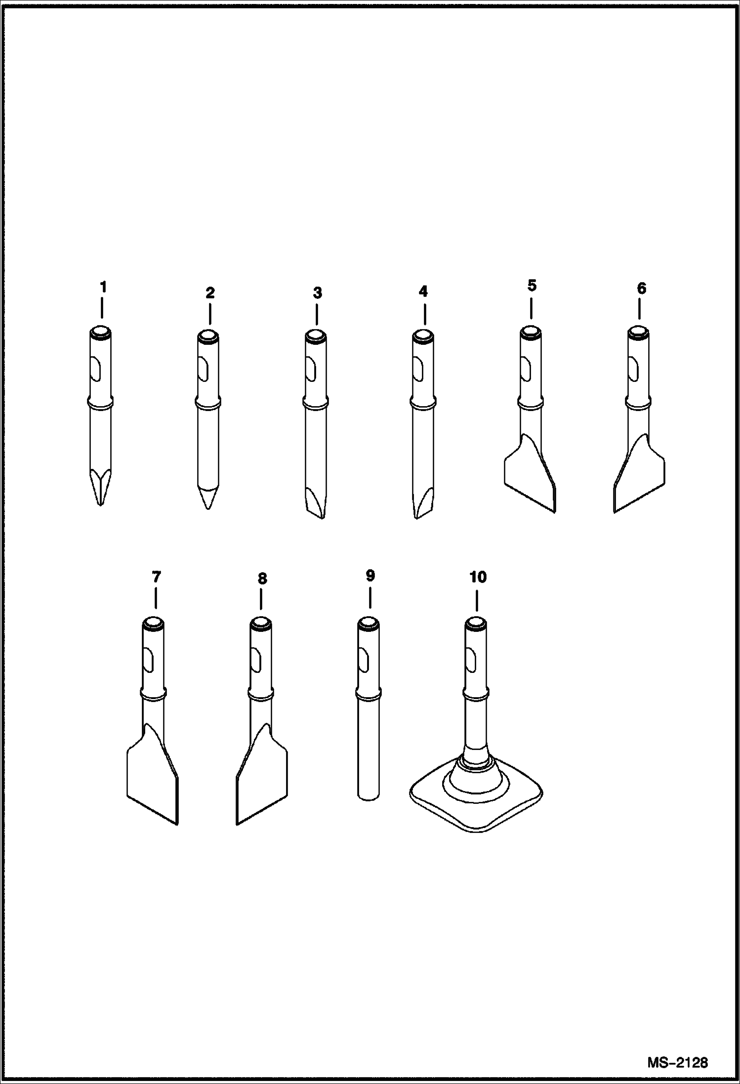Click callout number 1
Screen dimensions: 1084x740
[x=103, y=287]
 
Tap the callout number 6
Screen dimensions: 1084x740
[x=641, y=289]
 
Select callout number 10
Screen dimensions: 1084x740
[x=478, y=577]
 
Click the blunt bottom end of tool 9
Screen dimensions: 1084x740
[x=369, y=795]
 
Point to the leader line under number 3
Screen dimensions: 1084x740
[x=317, y=314]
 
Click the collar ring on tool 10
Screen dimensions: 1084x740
[x=476, y=695]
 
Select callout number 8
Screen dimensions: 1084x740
[x=262, y=579]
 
